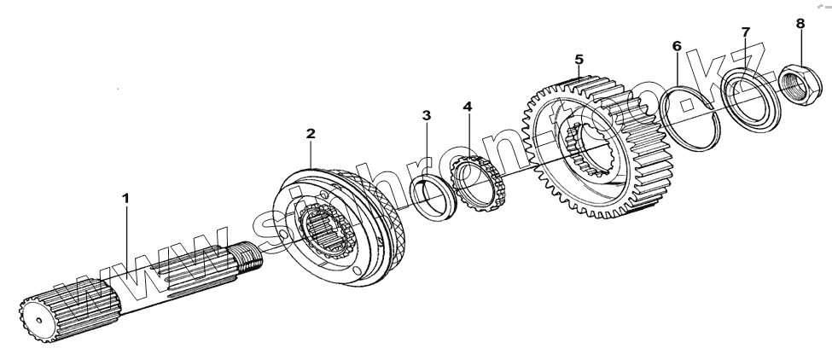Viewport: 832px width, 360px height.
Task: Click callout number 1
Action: click(125, 198)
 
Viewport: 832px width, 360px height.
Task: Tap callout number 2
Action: click(311, 134)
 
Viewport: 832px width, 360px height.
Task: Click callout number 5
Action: click(579, 59)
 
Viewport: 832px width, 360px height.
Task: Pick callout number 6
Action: click(677, 45)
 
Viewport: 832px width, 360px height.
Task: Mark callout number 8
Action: click(800, 23)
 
